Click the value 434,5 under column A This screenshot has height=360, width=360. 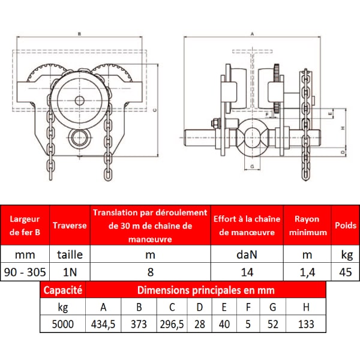tap(103, 324)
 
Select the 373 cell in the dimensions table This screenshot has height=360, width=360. tap(139, 324)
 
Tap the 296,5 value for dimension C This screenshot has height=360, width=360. tap(172, 324)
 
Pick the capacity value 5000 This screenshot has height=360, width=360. tap(62, 324)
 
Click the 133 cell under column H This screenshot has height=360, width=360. tap(306, 324)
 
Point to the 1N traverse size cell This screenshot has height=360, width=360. tap(70, 272)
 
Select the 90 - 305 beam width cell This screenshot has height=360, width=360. tap(25, 272)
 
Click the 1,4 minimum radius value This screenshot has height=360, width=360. tap(307, 272)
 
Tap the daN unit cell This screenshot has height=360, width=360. tap(247, 254)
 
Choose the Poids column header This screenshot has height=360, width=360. tap(346, 225)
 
